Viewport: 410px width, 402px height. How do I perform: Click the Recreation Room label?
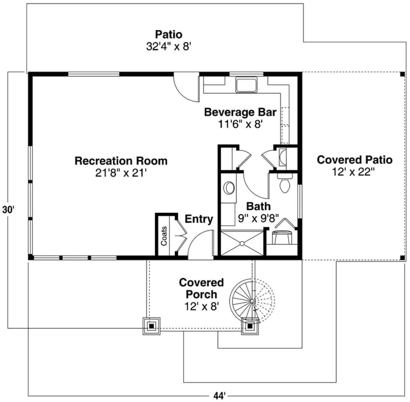pos(121,161)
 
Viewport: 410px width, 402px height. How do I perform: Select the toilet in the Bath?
pos(284,184)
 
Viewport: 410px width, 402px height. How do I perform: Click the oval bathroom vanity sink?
pos(229,188)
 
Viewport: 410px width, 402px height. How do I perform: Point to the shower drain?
pos(242,243)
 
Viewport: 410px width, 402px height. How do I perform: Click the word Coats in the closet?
pos(164,236)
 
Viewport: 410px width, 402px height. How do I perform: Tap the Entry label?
pos(199,219)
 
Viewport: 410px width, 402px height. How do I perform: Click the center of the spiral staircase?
pos(252,301)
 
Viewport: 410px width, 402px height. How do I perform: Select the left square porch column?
pos(151,326)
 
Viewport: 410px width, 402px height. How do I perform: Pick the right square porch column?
pos(250,326)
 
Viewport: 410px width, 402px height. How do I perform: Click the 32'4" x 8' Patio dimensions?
pos(168,46)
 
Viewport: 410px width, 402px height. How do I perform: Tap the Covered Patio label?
pos(355,160)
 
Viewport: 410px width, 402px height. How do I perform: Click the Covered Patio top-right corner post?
pos(402,74)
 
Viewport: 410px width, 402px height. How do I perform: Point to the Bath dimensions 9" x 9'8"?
pos(258,218)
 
